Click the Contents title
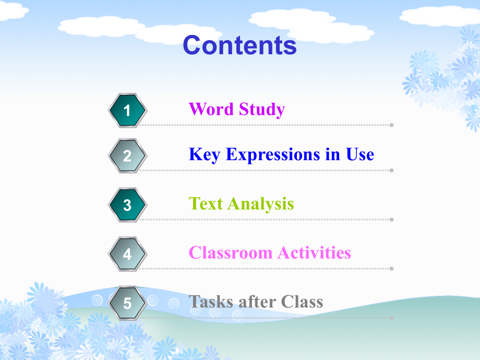point(239,45)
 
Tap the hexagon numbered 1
point(127,110)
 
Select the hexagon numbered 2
point(127,155)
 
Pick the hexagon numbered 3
point(127,205)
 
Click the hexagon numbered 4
point(127,254)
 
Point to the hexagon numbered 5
point(127,303)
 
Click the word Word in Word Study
point(211,110)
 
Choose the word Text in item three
point(206,203)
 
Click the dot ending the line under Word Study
point(392,125)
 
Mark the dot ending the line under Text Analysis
point(392,220)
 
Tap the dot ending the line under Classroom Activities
point(392,269)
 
